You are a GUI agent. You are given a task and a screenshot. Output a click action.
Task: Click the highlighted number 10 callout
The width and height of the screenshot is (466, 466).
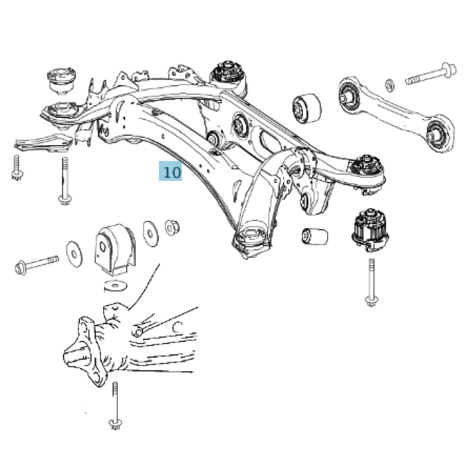(x=170, y=172)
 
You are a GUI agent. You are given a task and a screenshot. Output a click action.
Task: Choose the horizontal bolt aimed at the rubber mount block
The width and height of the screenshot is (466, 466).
(x=37, y=264)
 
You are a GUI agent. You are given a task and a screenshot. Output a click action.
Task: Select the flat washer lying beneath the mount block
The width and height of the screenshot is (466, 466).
(x=116, y=286)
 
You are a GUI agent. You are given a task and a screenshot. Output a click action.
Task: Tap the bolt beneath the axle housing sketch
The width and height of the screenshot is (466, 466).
(x=116, y=407)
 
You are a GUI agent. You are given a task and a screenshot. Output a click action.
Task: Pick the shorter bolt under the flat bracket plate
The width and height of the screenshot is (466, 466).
(x=16, y=167)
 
